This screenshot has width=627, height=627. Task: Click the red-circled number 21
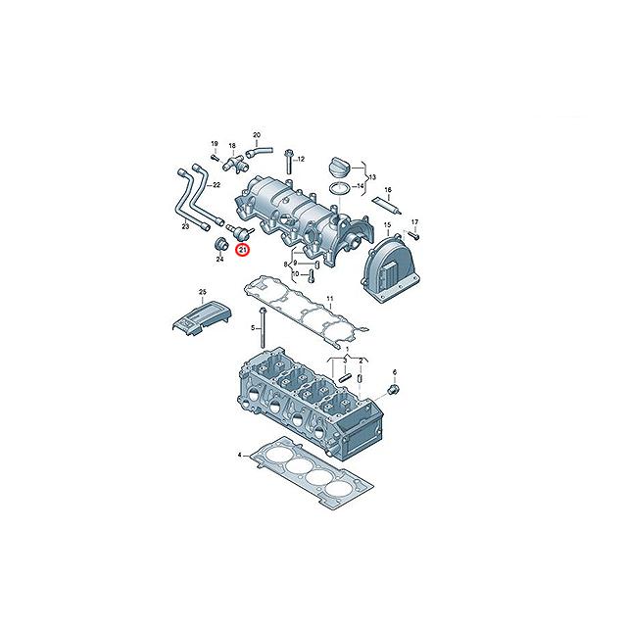tap(242, 251)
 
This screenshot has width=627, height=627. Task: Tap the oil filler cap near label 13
tap(339, 167)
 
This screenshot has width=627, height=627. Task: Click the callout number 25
tap(203, 292)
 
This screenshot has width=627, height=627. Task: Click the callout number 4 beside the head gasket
tap(239, 455)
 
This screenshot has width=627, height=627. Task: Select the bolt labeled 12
tap(289, 164)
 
